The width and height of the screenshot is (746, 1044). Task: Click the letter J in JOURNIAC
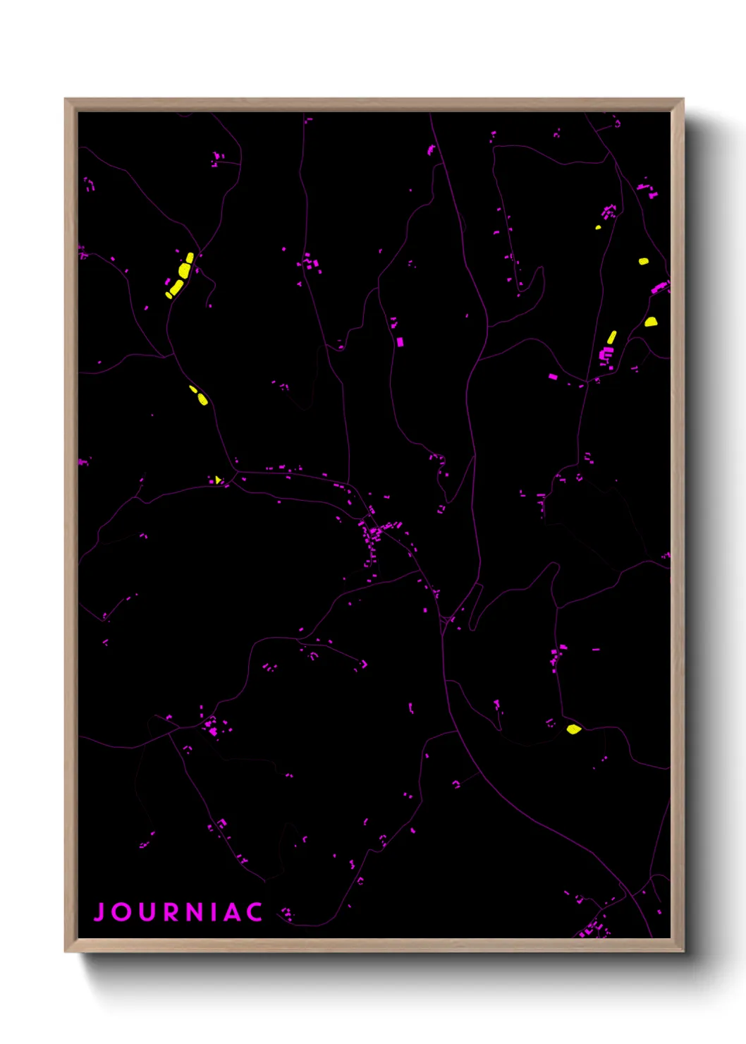point(100,911)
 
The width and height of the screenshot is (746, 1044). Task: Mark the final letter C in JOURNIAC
point(255,911)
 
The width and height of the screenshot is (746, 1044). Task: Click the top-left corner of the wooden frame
point(66,99)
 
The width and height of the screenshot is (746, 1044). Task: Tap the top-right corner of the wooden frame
point(683,99)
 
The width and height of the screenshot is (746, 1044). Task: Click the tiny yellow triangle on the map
point(218,480)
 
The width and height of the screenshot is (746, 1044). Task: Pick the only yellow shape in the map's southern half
point(573,729)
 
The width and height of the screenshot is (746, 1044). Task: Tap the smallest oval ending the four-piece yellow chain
point(169,295)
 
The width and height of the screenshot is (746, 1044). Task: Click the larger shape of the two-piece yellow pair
point(203,400)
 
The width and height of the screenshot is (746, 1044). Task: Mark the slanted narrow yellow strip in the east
point(611,337)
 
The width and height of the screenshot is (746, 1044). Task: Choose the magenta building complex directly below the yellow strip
point(606,354)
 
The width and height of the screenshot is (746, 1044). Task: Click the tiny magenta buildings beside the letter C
point(286,914)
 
